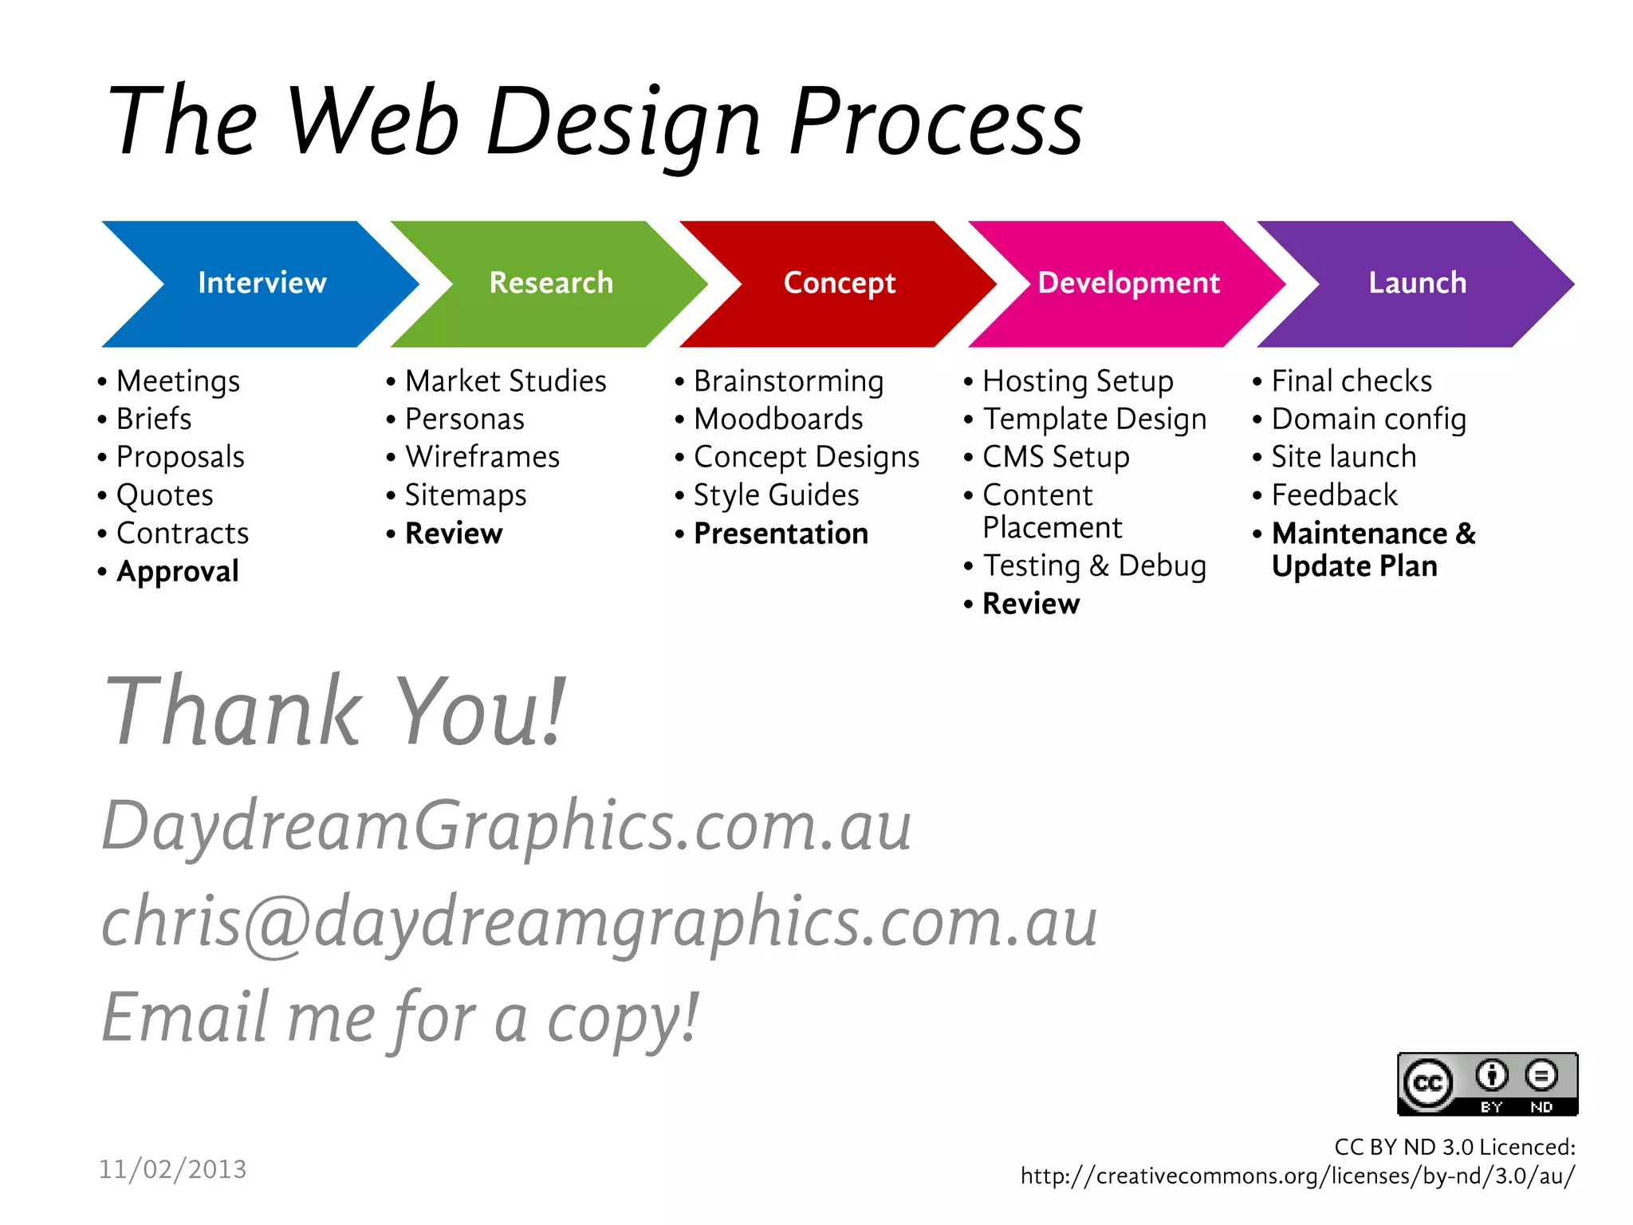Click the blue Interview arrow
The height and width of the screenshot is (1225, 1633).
coord(262,283)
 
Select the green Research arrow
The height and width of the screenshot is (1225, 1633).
coord(550,283)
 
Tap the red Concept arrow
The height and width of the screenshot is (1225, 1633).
coord(839,283)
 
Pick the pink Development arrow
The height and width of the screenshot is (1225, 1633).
coord(1128,283)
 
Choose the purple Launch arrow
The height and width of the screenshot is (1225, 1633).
coord(1417,283)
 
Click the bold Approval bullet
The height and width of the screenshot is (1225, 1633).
coord(177,571)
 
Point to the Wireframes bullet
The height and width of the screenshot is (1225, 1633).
coord(482,457)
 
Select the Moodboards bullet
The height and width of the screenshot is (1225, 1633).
coord(778,419)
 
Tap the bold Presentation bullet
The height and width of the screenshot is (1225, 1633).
coord(781,534)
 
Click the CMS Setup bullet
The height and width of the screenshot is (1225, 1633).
coord(1056,457)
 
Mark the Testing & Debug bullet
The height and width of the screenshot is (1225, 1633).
coord(1094,565)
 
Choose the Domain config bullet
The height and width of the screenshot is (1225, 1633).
coord(1368,419)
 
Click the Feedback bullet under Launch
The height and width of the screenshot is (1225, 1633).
coord(1334,495)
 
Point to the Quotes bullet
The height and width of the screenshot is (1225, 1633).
coord(165,495)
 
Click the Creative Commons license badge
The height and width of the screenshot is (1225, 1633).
coord(1487,1084)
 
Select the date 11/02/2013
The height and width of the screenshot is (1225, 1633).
coord(173,1169)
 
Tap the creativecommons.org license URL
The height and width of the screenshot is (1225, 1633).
coord(1297,1176)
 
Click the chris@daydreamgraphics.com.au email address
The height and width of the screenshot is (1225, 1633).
coord(600,921)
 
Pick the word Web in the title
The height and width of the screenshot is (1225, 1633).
coord(372,121)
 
